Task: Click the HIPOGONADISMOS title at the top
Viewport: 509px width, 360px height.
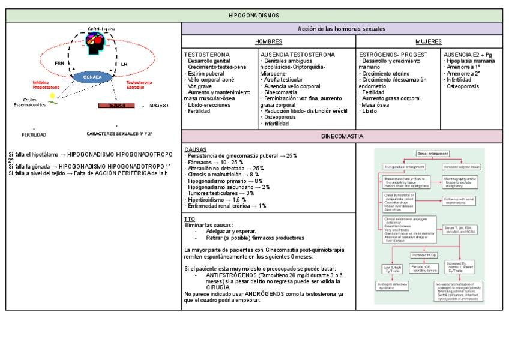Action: point(254,16)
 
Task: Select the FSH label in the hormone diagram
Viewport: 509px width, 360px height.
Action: point(59,63)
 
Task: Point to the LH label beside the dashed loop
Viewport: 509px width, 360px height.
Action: point(124,63)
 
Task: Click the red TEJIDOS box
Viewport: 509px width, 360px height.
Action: point(116,105)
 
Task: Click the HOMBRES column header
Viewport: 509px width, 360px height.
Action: point(268,41)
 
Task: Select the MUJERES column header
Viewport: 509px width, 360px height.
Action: point(429,41)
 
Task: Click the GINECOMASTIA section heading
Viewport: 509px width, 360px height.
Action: point(342,136)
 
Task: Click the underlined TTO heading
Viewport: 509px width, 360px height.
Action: point(189,220)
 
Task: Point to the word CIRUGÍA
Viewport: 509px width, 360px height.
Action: point(218,287)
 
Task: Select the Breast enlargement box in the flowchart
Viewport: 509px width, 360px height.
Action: point(433,154)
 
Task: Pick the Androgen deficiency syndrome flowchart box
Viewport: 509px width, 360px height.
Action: point(392,284)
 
